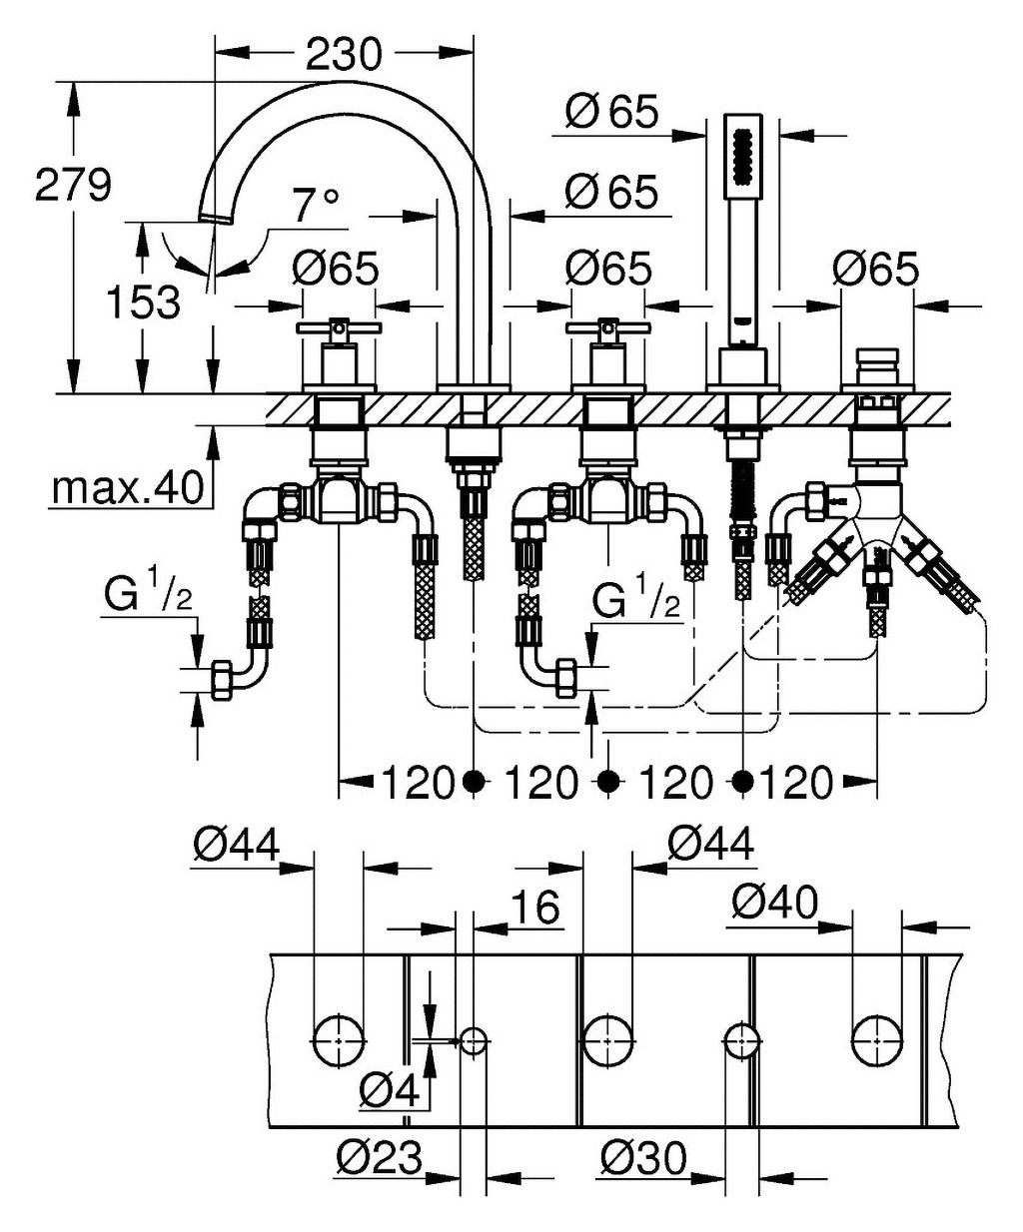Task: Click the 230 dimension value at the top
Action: point(344,55)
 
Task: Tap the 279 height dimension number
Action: point(73,184)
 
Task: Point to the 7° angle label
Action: point(316,206)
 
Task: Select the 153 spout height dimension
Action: point(144,303)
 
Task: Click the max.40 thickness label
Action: point(128,488)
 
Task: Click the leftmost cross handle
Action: point(339,328)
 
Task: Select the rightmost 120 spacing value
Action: point(796,783)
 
